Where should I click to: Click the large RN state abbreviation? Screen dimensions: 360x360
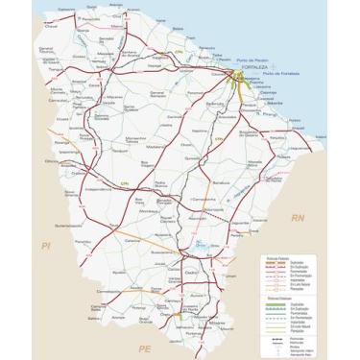coord(299,219)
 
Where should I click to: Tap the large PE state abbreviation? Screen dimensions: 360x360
coord(145,347)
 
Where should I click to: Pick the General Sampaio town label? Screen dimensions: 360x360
coord(158,93)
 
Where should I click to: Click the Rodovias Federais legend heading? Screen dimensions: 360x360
coord(278,259)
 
